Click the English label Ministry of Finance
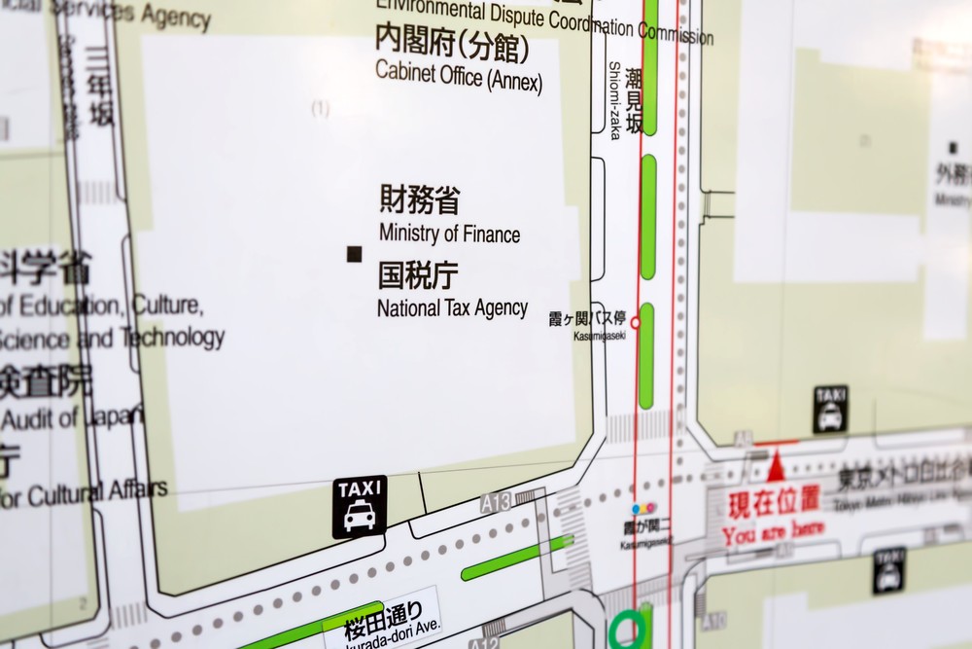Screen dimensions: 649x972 pyautogui.click(x=449, y=234)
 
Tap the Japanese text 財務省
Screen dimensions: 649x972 pyautogui.click(x=419, y=200)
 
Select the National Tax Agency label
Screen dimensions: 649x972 pyautogui.click(x=452, y=308)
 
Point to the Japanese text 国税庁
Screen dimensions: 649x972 pyautogui.click(x=417, y=275)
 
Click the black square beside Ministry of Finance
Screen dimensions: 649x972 pyautogui.click(x=354, y=254)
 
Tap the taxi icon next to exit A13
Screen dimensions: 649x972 pyautogui.click(x=360, y=507)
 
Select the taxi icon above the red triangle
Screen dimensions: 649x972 pyautogui.click(x=830, y=409)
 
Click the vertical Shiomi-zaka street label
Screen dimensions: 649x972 pyautogui.click(x=614, y=100)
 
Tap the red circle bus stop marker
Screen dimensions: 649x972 pyautogui.click(x=636, y=321)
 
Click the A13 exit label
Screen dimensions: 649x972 pyautogui.click(x=495, y=503)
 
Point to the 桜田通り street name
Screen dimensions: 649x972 pyautogui.click(x=383, y=613)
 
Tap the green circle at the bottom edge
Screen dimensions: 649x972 pyautogui.click(x=629, y=630)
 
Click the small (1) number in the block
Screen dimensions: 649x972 pyautogui.click(x=320, y=109)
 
